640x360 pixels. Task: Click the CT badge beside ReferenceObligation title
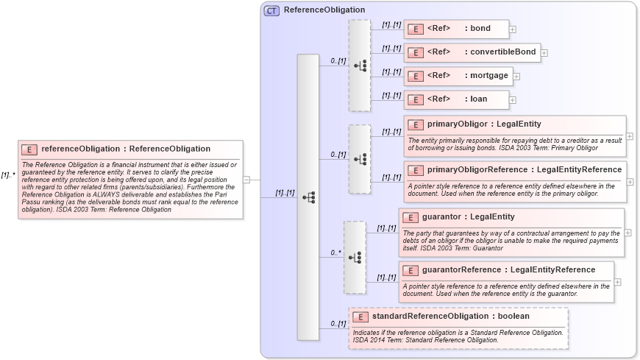pos(271,10)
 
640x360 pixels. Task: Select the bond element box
pos(456,29)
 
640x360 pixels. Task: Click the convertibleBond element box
pos(472,52)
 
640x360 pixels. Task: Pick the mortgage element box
pos(458,76)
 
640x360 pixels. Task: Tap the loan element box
pos(456,99)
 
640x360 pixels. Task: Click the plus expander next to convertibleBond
pos(544,52)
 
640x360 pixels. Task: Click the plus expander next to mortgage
pos(516,76)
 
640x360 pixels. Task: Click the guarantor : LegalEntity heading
pos(468,216)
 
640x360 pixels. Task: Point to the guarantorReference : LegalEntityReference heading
pos(508,269)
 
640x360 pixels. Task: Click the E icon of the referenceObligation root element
pos(29,149)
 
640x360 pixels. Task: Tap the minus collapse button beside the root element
pos(246,179)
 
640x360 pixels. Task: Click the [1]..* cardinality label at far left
pos(8,175)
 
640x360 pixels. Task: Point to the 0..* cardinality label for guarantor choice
pos(335,253)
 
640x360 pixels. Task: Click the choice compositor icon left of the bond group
pos(360,66)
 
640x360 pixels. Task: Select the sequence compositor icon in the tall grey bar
pos(308,197)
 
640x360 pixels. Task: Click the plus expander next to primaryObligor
pos(630,136)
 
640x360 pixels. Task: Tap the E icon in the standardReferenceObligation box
pos(360,317)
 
